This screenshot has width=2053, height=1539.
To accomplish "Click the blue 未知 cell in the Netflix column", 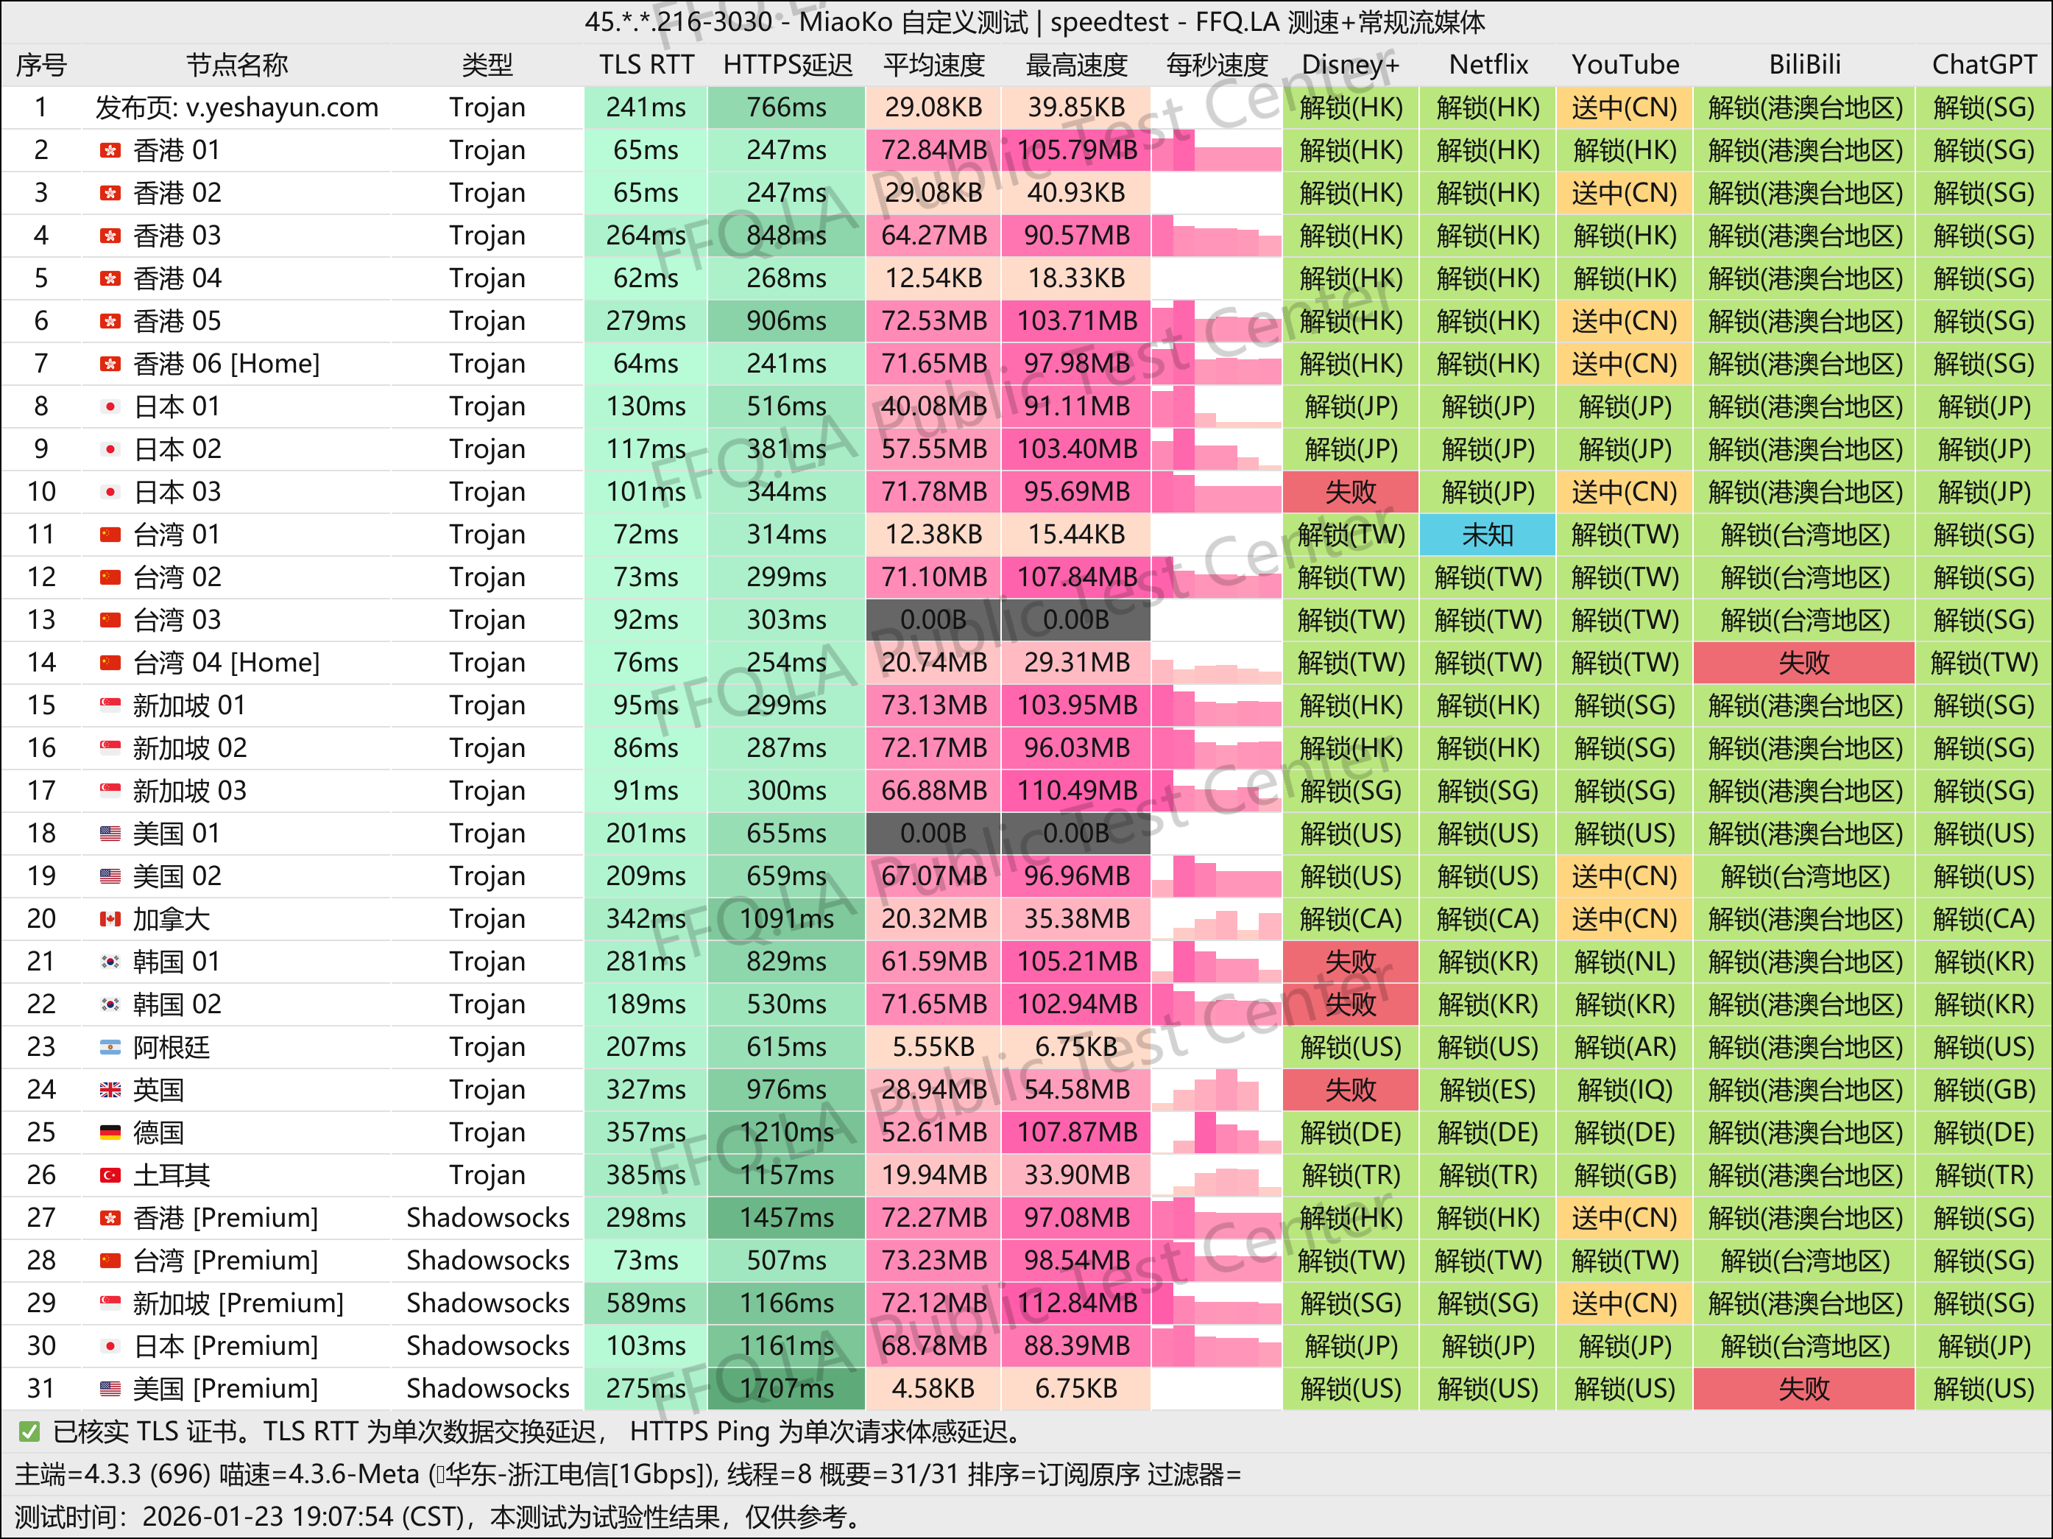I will click(x=1487, y=535).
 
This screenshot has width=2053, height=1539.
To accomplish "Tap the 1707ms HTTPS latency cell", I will click(x=786, y=1389).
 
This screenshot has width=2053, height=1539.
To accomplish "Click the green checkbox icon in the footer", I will click(x=29, y=1432).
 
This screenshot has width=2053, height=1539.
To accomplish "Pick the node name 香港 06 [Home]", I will click(x=227, y=364).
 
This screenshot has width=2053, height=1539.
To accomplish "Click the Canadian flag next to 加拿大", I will click(x=110, y=919).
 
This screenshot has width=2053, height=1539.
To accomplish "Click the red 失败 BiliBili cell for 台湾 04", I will click(x=1803, y=663).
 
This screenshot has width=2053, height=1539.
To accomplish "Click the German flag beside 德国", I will click(x=110, y=1133).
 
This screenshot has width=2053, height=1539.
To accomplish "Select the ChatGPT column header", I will click(x=1983, y=65).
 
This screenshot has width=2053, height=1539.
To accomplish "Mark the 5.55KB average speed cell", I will click(x=933, y=1047).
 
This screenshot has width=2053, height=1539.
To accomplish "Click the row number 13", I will click(x=40, y=620).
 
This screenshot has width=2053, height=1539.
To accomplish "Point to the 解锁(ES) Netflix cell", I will click(x=1487, y=1090).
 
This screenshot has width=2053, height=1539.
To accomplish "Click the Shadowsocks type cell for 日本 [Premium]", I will click(x=487, y=1346).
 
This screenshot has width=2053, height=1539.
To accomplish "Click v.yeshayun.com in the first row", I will click(x=281, y=108).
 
